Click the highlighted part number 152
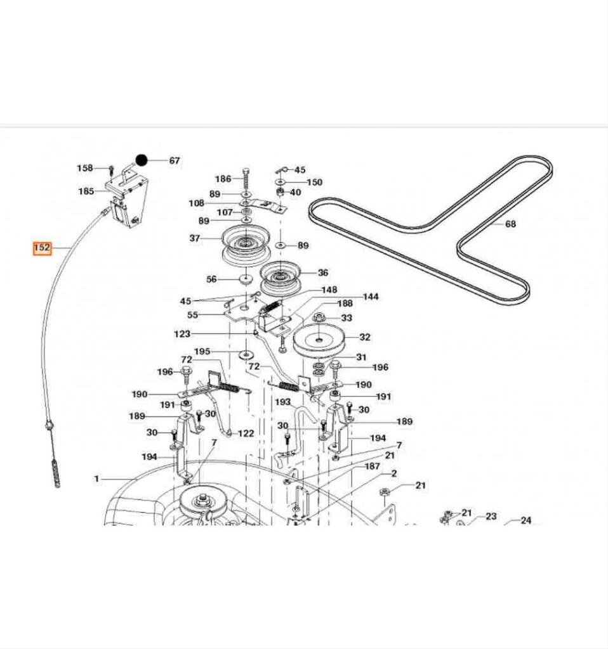pos(42,248)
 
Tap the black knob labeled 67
pos(142,160)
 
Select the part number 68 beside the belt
pos(510,224)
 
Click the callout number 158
pos(84,168)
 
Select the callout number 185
pos(86,191)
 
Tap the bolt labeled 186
pos(246,174)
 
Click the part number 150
pos(314,182)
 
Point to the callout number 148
pos(329,290)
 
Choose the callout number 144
pos(371,297)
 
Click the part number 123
pos(182,333)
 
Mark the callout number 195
pos(202,352)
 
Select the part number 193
pos(282,402)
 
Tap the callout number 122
pos(246,434)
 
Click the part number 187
pos(372,466)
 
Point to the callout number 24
pos(525,520)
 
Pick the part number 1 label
pos(96,479)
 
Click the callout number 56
pos(211,279)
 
